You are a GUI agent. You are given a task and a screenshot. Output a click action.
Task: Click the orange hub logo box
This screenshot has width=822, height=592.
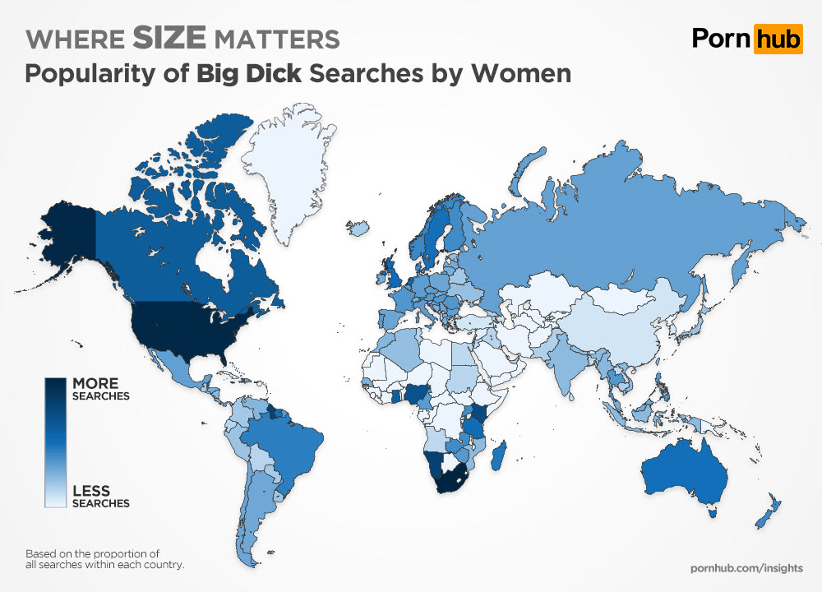tap(777, 38)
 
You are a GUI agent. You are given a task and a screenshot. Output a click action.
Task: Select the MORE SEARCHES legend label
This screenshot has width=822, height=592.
tap(100, 389)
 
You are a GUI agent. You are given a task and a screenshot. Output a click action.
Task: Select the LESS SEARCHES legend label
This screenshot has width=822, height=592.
tap(100, 497)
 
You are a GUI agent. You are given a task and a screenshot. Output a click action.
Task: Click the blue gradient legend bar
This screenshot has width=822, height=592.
tap(55, 442)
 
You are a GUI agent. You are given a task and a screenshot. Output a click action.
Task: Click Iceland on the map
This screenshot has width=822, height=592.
tap(358, 228)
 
